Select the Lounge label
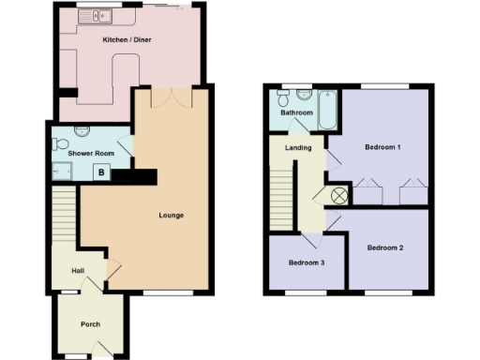[171, 216]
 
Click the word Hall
[79, 272]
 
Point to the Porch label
[90, 324]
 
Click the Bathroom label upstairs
[296, 112]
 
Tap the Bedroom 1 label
[382, 147]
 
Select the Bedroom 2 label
[384, 247]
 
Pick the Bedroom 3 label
[306, 262]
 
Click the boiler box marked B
[101, 172]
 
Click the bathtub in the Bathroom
[329, 111]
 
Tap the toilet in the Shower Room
[61, 146]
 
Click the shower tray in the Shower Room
[64, 171]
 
